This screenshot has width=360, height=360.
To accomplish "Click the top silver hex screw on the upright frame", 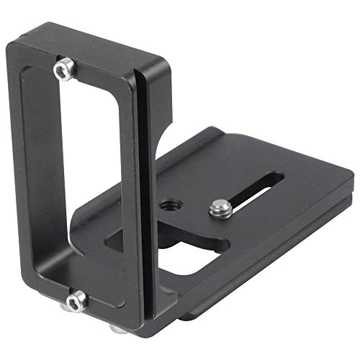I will coord(63,68).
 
